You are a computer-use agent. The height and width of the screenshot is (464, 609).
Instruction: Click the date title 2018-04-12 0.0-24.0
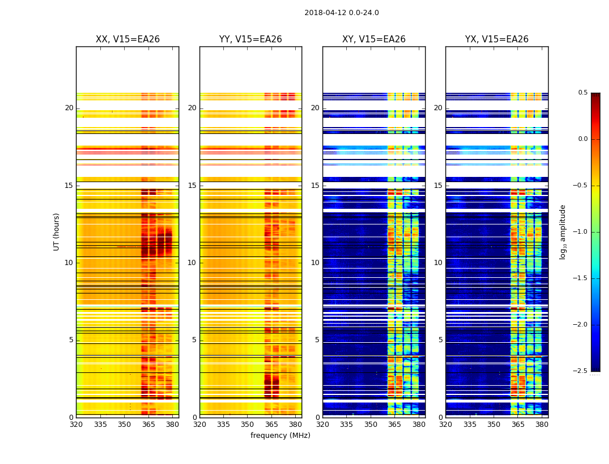tap(342, 13)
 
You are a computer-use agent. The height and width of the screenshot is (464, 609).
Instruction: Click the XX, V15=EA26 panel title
tap(128, 39)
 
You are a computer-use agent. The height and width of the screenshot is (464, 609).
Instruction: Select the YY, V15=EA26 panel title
tap(251, 39)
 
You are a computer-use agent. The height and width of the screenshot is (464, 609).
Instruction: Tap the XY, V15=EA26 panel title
tap(374, 39)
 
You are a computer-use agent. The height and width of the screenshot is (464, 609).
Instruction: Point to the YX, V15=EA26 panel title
tap(497, 39)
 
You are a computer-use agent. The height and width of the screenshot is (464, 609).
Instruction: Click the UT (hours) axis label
tap(57, 231)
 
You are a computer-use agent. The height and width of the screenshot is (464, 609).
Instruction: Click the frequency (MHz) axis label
tap(280, 436)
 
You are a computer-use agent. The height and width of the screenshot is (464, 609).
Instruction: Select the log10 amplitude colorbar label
tap(563, 231)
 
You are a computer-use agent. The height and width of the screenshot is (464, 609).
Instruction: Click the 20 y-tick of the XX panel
tap(69, 108)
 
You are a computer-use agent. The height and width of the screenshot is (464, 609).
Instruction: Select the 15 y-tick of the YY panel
tap(192, 186)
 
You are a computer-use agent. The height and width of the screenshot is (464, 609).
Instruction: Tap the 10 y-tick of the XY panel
tap(315, 263)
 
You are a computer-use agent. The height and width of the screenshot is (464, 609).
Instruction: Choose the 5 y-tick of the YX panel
tap(440, 340)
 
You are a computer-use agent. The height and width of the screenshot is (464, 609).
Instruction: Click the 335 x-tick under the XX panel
tap(100, 424)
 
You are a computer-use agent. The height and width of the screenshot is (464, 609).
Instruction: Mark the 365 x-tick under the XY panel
tap(394, 424)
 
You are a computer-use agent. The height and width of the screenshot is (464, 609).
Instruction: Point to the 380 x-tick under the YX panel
tap(542, 424)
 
